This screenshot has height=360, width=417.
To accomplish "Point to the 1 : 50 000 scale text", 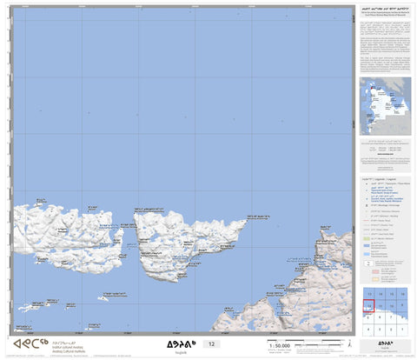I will pyautogui.click(x=280, y=346).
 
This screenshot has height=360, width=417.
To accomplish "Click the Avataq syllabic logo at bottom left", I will pyautogui.click(x=28, y=344).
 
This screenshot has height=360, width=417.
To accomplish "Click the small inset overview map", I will pyautogui.click(x=386, y=105).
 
